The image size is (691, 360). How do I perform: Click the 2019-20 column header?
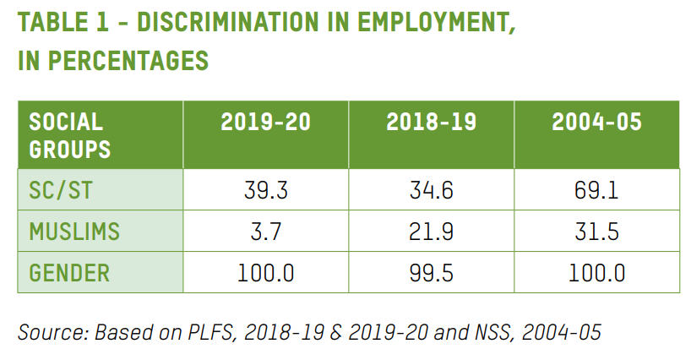(x=265, y=123)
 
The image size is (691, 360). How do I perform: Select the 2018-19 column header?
(x=431, y=123)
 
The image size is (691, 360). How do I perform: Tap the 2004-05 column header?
(x=596, y=123)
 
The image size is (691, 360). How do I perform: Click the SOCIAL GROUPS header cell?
(x=70, y=135)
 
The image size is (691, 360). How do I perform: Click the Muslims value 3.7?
(x=265, y=232)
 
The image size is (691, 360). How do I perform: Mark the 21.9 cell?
(x=431, y=232)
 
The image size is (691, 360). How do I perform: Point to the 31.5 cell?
(x=596, y=232)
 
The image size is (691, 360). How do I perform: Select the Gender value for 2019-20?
(x=265, y=273)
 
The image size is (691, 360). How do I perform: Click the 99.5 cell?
(x=431, y=273)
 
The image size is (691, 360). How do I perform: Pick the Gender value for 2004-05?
(x=596, y=273)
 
